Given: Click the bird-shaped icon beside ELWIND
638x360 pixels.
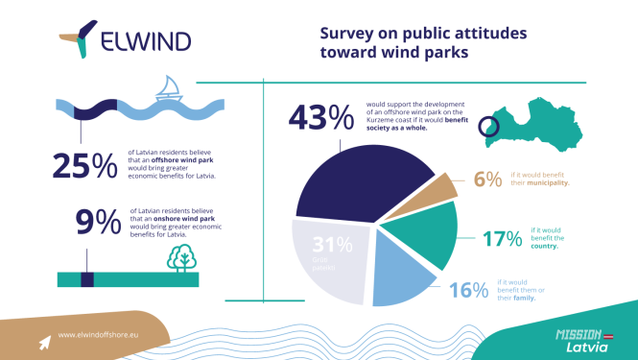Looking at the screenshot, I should coord(80,36).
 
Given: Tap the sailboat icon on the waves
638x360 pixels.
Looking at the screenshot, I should coord(168,89).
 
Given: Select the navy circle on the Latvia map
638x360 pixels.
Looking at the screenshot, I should coord(487,126).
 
